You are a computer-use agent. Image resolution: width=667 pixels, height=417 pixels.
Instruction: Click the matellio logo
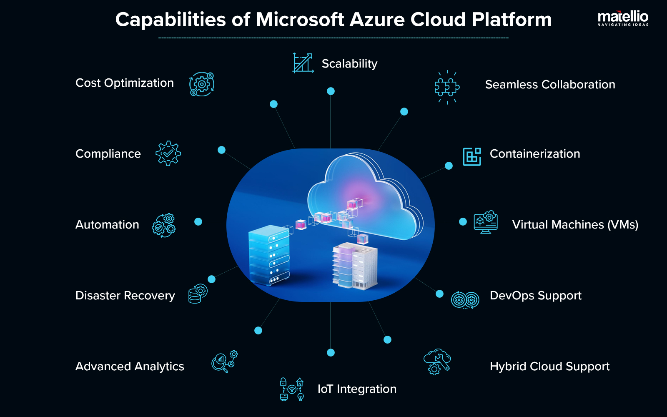tap(623, 18)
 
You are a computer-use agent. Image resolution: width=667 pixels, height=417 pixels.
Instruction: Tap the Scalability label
tap(349, 64)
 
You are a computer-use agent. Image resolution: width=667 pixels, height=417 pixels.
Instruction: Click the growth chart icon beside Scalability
tap(303, 63)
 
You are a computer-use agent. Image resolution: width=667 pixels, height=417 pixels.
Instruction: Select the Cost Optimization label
tap(124, 83)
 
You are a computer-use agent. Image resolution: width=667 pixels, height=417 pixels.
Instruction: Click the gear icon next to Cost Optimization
tap(202, 84)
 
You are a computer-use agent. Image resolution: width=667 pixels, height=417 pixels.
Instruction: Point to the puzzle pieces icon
tap(447, 87)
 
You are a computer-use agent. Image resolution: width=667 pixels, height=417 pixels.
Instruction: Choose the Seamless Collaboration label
tap(550, 85)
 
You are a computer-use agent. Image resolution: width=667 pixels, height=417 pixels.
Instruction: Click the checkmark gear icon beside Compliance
tap(168, 153)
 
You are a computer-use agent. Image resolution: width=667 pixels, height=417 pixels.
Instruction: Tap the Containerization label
tap(535, 154)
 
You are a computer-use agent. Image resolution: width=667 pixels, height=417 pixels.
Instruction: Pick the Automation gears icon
tap(164, 226)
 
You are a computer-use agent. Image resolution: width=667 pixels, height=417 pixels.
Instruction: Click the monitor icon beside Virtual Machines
tap(486, 222)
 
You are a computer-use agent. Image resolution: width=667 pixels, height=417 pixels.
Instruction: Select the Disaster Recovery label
tap(125, 296)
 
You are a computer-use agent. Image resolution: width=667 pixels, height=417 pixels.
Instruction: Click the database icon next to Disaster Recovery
tap(197, 294)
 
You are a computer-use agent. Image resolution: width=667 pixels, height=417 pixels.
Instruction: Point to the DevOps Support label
tap(535, 296)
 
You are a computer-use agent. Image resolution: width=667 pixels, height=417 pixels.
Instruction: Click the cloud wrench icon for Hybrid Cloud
tap(437, 362)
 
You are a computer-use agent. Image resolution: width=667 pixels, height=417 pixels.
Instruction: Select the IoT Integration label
tap(357, 389)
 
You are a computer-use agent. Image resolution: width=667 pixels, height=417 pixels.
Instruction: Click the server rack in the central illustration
tap(269, 255)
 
